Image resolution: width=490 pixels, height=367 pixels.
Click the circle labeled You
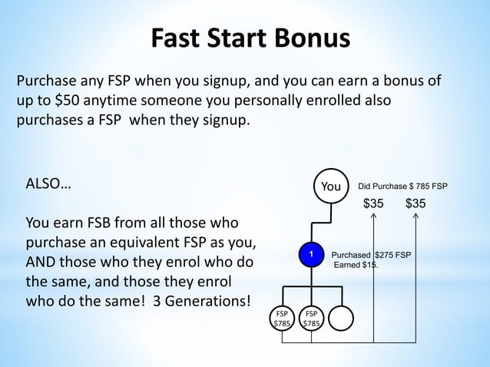[x=331, y=187]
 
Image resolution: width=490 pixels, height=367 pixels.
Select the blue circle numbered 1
[x=312, y=254]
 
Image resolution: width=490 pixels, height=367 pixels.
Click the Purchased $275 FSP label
[x=370, y=254]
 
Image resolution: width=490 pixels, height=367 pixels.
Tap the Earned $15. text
[x=355, y=265]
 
